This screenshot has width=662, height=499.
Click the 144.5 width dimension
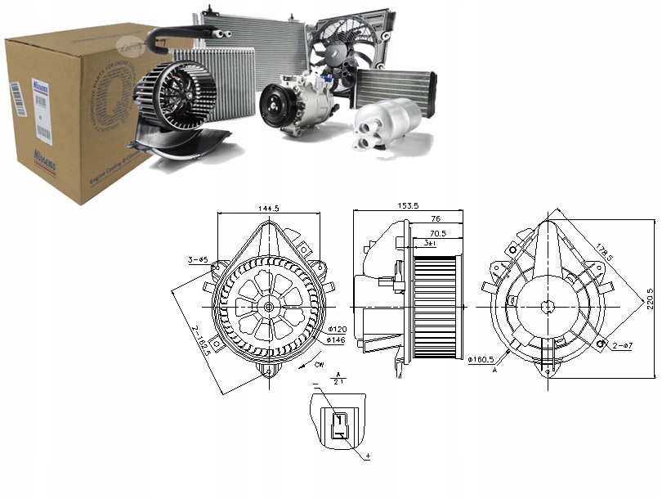pos(266,209)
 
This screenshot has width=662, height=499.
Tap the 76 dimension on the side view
pos(436,219)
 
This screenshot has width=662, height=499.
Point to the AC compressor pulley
pos(275,106)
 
